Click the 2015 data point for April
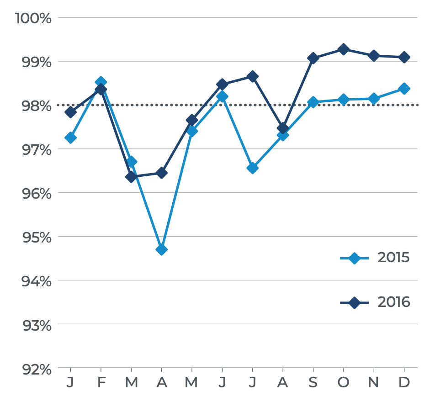click(161, 249)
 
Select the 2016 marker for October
click(344, 49)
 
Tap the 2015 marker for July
click(252, 168)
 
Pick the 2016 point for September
click(313, 58)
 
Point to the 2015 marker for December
click(404, 89)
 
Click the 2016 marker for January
click(70, 112)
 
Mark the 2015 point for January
click(70, 137)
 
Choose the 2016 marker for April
click(161, 173)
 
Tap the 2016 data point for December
click(404, 57)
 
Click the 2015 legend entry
click(375, 258)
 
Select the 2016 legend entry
click(375, 302)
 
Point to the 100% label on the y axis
click(33, 18)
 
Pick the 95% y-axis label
click(34, 237)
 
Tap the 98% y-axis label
click(34, 106)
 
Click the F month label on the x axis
click(101, 382)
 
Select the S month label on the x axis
click(313, 382)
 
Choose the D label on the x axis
click(404, 382)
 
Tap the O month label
click(344, 382)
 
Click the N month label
click(374, 382)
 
